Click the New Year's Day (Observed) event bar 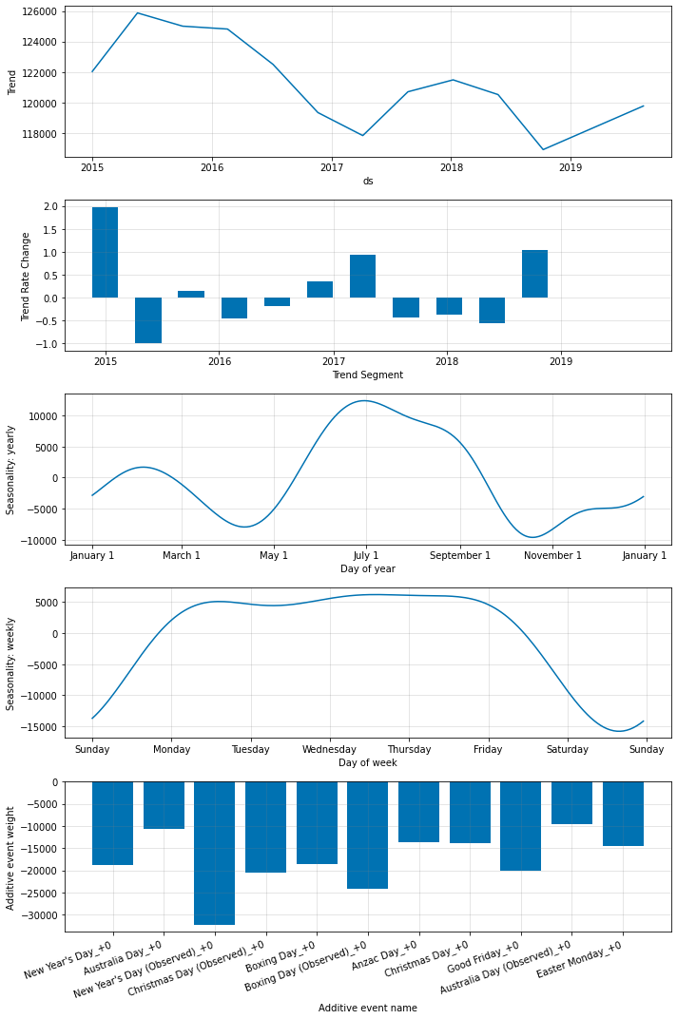[214, 853]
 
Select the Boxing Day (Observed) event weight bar [367, 835]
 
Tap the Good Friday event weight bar [520, 826]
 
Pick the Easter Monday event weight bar [623, 814]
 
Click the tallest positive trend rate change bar [105, 252]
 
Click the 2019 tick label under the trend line [571, 167]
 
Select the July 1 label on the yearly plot [366, 555]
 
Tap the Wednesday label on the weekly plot [330, 749]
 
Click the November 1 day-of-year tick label [552, 555]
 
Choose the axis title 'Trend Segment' [367, 375]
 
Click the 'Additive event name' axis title [367, 1008]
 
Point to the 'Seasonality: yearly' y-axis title [11, 469]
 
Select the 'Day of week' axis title [367, 762]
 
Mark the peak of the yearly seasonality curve [364, 400]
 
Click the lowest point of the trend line [544, 149]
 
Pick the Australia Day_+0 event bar [164, 805]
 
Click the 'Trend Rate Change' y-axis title [27, 277]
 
